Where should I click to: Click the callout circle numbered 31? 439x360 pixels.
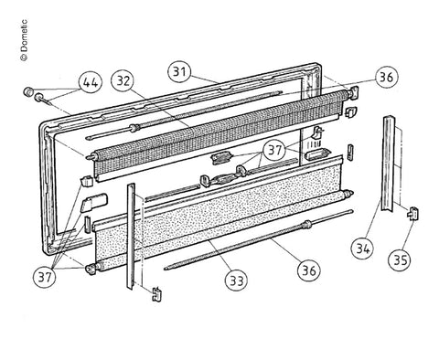tap(180, 72)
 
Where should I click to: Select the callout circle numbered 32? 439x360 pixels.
tap(123, 81)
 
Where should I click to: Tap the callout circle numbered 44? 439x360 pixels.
tap(91, 82)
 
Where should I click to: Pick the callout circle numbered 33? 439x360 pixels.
tap(237, 280)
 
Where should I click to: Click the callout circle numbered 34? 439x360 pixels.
tap(363, 249)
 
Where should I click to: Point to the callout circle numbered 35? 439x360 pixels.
tap(401, 259)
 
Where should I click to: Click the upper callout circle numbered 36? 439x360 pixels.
tap(387, 77)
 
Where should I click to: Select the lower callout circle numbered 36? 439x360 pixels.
tap(309, 270)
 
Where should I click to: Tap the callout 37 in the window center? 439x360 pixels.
tap(275, 150)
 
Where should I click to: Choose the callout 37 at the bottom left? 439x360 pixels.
tap(45, 277)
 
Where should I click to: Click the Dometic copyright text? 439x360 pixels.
tap(24, 40)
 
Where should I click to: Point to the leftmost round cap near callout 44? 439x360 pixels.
tap(28, 90)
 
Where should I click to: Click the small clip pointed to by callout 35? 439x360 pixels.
tap(412, 212)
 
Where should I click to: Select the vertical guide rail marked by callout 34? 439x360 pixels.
tap(388, 163)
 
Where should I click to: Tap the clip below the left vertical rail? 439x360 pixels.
tap(156, 294)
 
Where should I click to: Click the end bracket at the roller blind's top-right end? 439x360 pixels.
tap(354, 92)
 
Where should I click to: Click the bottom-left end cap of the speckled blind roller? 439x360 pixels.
tap(91, 270)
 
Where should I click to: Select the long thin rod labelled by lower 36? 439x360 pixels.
tap(259, 239)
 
